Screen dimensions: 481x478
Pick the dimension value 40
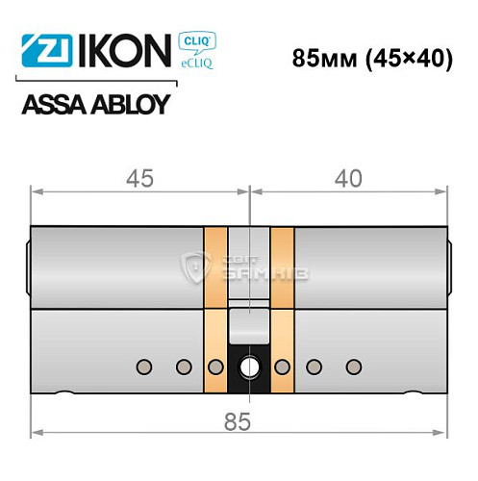[347, 178]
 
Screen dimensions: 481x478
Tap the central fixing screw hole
[249, 367]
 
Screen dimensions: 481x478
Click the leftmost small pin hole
[145, 367]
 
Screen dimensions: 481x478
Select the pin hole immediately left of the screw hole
[216, 367]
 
